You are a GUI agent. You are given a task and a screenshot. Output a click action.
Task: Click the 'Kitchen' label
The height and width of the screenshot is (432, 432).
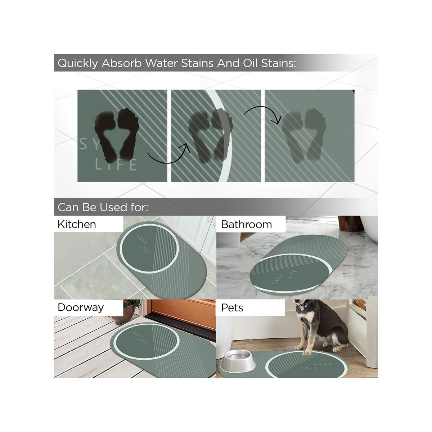(x=77, y=224)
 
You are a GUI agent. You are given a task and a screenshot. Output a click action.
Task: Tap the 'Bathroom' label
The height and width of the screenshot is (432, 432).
(x=246, y=224)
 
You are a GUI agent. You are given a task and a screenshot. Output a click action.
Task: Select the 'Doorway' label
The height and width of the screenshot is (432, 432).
(x=81, y=307)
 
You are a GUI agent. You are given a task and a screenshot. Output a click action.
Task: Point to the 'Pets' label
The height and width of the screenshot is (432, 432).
(x=232, y=308)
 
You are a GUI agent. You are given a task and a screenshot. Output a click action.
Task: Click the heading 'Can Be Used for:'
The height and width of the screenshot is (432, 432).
(x=103, y=207)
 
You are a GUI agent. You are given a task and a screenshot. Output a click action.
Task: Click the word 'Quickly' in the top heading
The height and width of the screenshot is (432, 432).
(x=78, y=63)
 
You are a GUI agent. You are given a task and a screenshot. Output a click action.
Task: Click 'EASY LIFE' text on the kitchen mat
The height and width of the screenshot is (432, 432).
(x=143, y=244)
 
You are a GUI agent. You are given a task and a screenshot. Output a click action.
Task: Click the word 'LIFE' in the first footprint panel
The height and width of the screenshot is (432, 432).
(x=116, y=165)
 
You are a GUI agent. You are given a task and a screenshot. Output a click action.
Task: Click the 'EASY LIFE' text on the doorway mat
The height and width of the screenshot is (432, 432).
(x=139, y=337)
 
